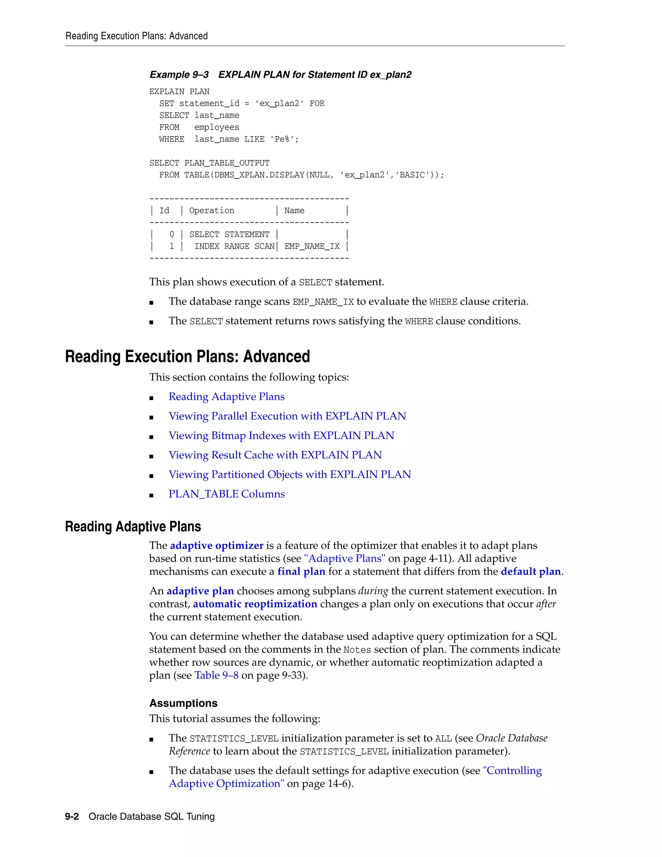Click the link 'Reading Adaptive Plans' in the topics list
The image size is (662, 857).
226,396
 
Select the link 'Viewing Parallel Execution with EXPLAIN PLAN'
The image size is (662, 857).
287,416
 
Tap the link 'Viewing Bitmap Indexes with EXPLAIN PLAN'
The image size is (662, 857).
281,436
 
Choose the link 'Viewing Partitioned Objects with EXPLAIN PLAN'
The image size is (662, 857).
289,474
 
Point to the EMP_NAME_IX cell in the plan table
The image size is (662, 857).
312,246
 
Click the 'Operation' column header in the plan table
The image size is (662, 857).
211,211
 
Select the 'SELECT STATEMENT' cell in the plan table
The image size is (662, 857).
229,235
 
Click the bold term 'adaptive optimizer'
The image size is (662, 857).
217,546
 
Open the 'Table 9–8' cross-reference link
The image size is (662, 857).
217,675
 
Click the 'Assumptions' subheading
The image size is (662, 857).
183,703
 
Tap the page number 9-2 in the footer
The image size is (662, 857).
72,817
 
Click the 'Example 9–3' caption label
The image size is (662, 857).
179,75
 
